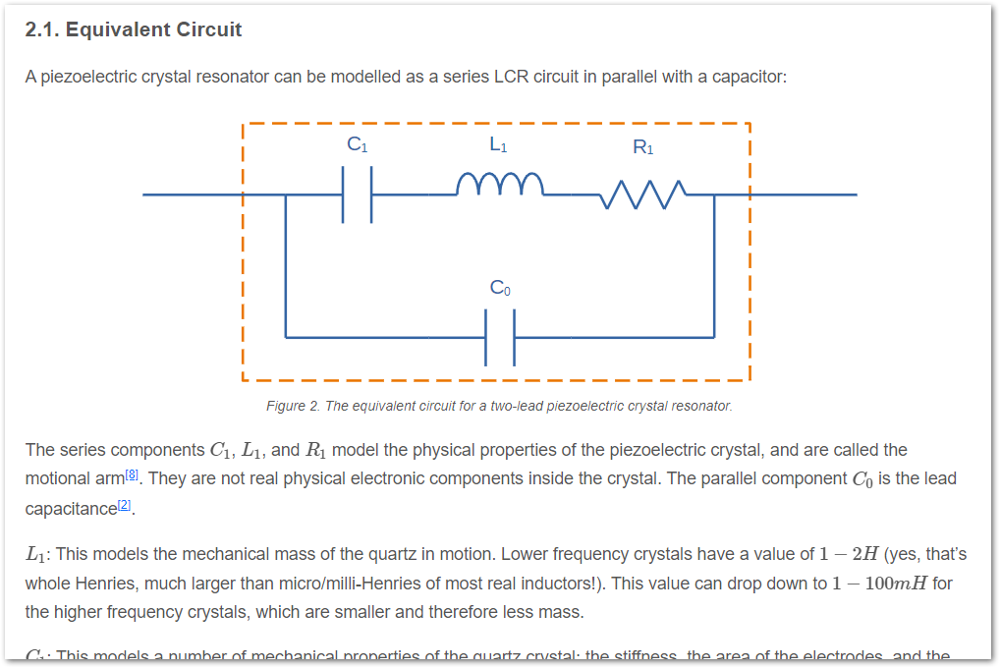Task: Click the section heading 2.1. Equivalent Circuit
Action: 134,29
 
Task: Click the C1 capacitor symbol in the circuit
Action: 358,195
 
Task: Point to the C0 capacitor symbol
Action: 500,337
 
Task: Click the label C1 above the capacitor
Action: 358,144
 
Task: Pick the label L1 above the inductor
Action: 499,144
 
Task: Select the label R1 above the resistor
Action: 643,148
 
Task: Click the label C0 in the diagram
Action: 500,288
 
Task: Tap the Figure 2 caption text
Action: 499,406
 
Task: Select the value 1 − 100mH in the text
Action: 878,584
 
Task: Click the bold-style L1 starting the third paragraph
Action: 36,555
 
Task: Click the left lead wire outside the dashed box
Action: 192,195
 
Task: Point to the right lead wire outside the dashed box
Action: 803,195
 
